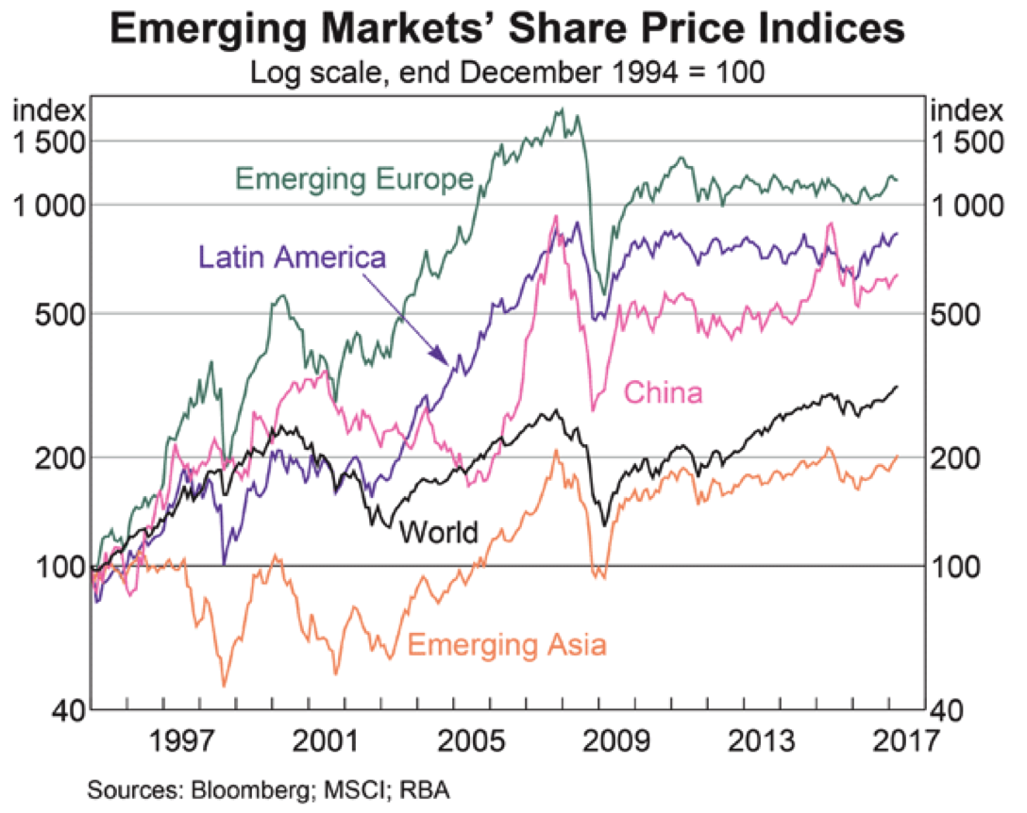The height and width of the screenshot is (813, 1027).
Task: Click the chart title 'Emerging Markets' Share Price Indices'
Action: coord(508,30)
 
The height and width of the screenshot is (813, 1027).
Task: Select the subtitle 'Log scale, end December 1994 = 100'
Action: coord(508,73)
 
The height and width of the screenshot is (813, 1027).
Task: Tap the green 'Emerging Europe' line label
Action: coord(354,178)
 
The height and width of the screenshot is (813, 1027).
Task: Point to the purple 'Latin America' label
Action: coord(293,257)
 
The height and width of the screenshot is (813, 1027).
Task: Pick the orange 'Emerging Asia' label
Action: coord(507,645)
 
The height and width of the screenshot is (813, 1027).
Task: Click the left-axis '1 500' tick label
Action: coord(48,141)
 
